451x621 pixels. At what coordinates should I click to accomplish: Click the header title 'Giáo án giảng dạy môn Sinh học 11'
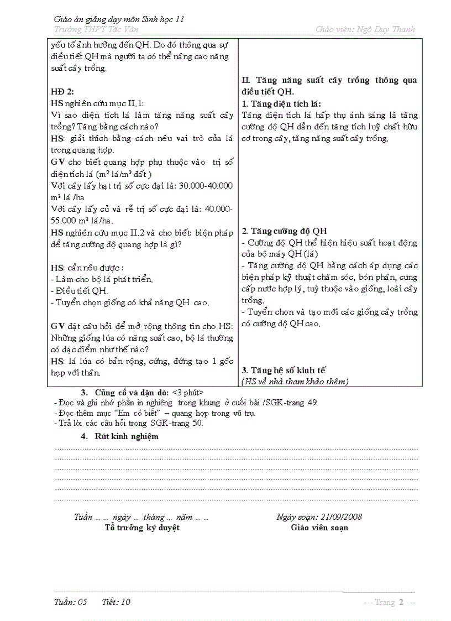[x=119, y=19]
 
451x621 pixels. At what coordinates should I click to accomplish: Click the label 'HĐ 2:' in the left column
[x=62, y=92]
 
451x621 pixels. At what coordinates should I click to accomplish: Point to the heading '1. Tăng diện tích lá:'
[x=281, y=104]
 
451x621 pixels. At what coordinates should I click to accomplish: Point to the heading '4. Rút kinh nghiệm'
[x=119, y=436]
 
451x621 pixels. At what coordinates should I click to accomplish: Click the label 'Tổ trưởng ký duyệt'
[x=142, y=528]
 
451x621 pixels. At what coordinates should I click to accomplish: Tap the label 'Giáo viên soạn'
[x=319, y=528]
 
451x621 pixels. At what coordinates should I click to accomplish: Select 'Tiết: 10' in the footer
[x=116, y=602]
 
